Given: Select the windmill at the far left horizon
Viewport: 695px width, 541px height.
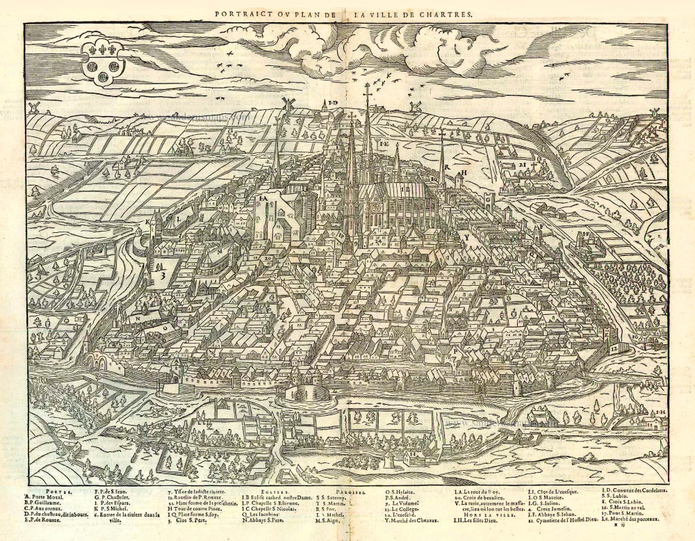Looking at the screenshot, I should pos(33,107).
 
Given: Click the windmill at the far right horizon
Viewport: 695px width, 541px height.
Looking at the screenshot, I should pos(654,113).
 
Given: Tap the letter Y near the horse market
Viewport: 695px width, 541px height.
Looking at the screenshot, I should pos(468,237).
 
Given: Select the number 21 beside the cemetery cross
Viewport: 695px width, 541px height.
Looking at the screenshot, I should pos(522,165).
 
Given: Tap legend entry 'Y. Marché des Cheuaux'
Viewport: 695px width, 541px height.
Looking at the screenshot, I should pos(416,520).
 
